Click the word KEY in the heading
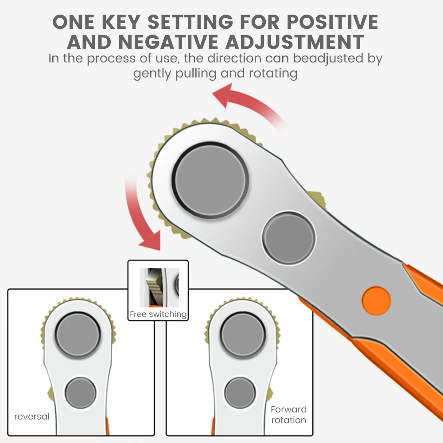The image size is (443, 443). (x=121, y=22)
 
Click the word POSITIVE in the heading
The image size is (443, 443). (x=333, y=22)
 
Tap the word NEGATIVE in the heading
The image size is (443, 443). (x=168, y=42)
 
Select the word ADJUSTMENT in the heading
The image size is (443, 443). (x=295, y=42)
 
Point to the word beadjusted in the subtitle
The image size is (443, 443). (x=328, y=59)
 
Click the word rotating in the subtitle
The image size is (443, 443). (x=273, y=74)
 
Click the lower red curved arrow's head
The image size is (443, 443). (x=150, y=241)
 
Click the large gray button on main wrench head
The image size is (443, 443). (x=210, y=181)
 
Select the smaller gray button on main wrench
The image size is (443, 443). (x=289, y=238)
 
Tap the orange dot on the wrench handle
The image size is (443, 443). (x=376, y=301)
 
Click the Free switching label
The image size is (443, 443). (x=158, y=314)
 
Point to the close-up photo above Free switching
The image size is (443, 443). (x=159, y=288)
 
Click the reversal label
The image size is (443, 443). (x=32, y=416)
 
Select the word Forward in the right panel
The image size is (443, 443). (x=288, y=409)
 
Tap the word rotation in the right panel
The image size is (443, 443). (x=288, y=420)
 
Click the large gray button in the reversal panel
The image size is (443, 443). (x=78, y=335)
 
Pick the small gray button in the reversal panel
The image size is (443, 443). (x=81, y=392)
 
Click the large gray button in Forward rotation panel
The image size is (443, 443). (x=243, y=335)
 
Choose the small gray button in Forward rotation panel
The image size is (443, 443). (x=240, y=392)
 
